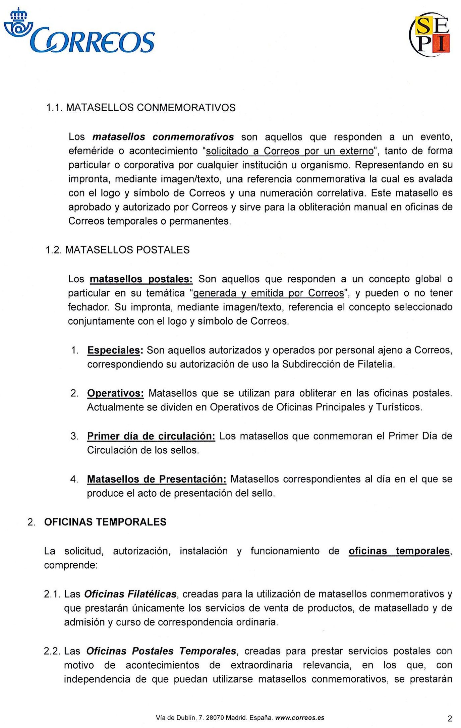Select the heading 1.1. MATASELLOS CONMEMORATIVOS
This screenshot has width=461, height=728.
coord(141,108)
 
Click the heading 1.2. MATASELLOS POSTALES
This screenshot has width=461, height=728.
coord(118,250)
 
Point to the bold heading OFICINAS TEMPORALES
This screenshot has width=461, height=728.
coord(105,522)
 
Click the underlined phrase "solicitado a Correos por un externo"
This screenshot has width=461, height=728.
coord(290,151)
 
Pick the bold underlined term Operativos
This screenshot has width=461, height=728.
coord(115,393)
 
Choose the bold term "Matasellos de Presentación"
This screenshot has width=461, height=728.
coord(157,479)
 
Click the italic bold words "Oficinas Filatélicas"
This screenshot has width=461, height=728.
coord(130,594)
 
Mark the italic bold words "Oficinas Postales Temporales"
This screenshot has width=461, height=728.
coord(161,651)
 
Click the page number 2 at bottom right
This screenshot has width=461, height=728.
coord(450,719)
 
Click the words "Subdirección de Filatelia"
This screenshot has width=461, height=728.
coord(338,365)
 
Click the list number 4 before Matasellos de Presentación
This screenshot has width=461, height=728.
coord(74,480)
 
